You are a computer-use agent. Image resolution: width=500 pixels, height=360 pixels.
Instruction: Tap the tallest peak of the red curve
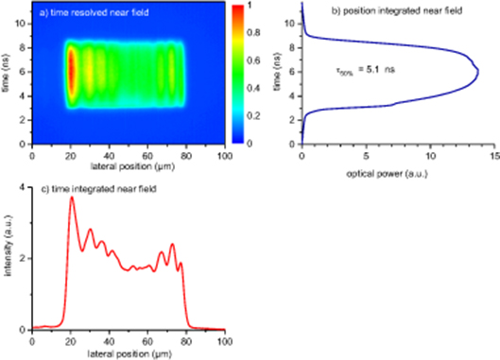point(71,197)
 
